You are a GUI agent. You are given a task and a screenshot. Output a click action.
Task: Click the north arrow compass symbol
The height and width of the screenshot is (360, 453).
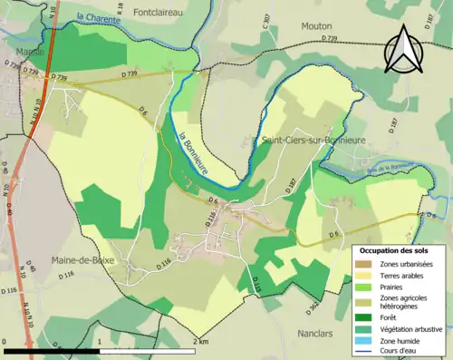click(x=403, y=49)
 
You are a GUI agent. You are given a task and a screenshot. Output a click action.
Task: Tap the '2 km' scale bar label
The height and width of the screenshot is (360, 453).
click(x=201, y=342)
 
